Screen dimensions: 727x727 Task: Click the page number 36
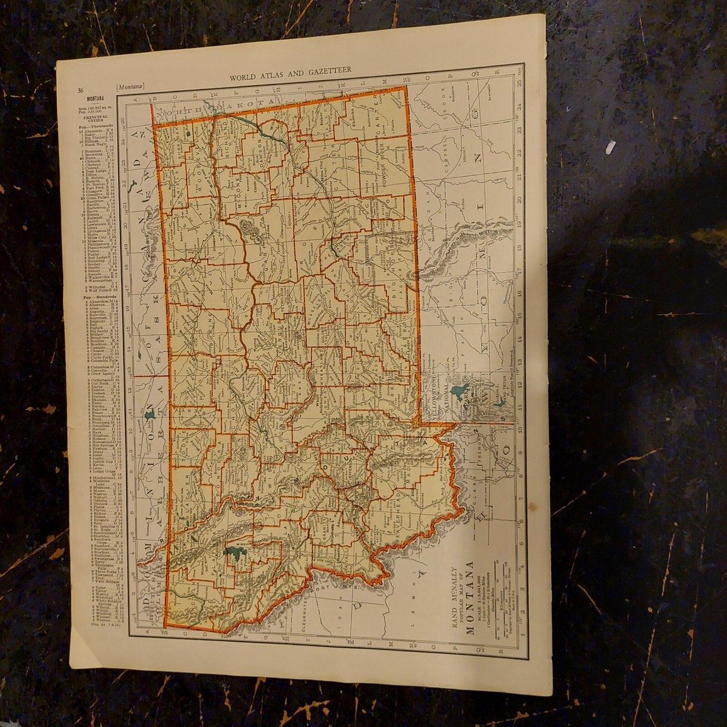tap(80, 90)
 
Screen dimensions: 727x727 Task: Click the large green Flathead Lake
tap(233, 552)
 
